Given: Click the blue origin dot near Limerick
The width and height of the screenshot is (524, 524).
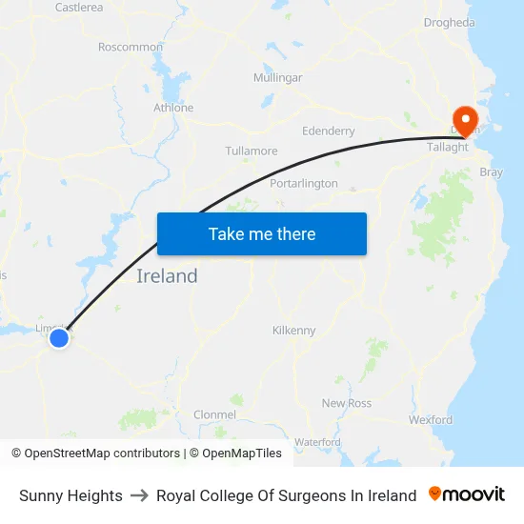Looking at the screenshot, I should [x=59, y=337].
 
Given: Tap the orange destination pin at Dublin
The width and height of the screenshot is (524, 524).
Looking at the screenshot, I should [x=466, y=121].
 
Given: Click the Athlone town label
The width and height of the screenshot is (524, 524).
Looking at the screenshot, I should [x=173, y=108].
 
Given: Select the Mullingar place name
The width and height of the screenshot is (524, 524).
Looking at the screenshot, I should [x=277, y=77].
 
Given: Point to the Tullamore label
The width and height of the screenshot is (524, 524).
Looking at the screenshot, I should [x=252, y=151].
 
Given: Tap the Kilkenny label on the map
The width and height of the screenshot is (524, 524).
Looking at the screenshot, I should [x=293, y=331].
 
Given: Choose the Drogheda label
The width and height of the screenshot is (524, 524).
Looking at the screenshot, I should [x=449, y=22].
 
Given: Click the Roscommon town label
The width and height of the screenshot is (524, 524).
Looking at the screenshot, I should [x=131, y=47].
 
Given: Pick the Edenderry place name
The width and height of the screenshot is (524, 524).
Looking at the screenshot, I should [x=328, y=131].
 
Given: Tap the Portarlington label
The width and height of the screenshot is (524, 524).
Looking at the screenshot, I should [x=304, y=183].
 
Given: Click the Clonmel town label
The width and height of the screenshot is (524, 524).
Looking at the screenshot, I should [x=214, y=414].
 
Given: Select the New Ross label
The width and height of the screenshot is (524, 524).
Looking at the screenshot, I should [x=347, y=404].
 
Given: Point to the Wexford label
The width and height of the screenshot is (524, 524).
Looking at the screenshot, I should [x=430, y=419].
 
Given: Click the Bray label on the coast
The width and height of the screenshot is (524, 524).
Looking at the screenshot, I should [x=492, y=172].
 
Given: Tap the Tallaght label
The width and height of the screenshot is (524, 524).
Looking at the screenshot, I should [x=448, y=148].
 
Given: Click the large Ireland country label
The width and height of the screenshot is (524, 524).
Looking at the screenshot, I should [x=168, y=276].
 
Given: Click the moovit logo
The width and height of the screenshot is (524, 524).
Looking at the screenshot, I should [x=467, y=494].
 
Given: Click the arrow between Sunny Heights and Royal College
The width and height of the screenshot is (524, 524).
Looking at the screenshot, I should [x=139, y=495].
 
